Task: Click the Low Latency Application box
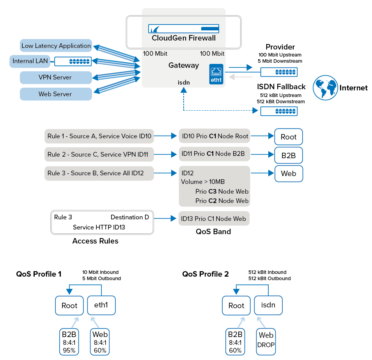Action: pyautogui.click(x=56, y=46)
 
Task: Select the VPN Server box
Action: pyautogui.click(x=56, y=77)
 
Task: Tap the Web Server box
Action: pyautogui.click(x=56, y=94)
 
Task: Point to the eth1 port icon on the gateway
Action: pyautogui.click(x=216, y=73)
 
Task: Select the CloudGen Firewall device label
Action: pyautogui.click(x=183, y=38)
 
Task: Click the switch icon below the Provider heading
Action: pyautogui.click(x=279, y=72)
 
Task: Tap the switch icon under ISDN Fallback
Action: pyautogui.click(x=279, y=111)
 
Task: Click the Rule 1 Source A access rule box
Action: pyautogui.click(x=99, y=136)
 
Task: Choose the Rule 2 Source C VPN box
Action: pyautogui.click(x=99, y=154)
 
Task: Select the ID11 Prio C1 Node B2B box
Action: pyautogui.click(x=214, y=154)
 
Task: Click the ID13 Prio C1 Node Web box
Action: pyautogui.click(x=214, y=219)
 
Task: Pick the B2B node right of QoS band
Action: pyautogui.click(x=289, y=155)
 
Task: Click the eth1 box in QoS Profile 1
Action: pyautogui.click(x=101, y=305)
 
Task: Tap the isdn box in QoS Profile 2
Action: pyautogui.click(x=268, y=305)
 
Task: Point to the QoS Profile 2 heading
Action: pyautogui.click(x=205, y=274)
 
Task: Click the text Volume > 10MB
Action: pyautogui.click(x=203, y=182)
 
